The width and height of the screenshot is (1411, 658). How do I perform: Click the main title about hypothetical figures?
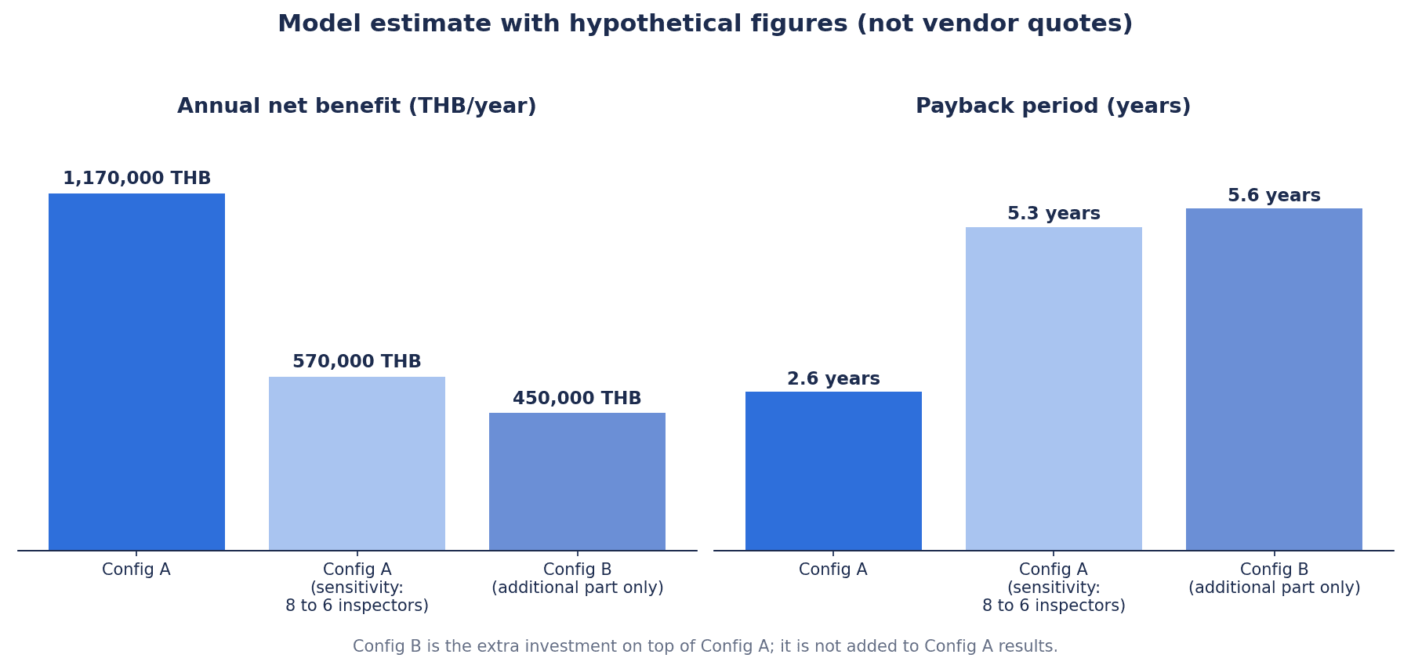tap(705, 24)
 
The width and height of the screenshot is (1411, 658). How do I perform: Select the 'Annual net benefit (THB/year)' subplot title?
tap(357, 107)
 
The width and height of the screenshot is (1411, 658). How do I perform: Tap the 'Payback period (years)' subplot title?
tap(1053, 107)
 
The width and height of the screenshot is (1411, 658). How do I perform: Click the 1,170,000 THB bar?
tap(136, 372)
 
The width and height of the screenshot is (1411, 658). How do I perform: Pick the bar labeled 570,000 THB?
tap(357, 464)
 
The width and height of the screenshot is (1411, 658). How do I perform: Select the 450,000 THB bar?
tap(577, 482)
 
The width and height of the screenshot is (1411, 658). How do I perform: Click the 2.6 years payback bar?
tap(833, 471)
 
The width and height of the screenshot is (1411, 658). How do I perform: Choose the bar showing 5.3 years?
tap(1054, 389)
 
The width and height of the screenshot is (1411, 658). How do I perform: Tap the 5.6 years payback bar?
tap(1274, 379)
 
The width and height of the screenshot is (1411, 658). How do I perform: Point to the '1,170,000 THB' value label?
tap(136, 179)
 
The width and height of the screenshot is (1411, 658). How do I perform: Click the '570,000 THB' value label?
tap(357, 362)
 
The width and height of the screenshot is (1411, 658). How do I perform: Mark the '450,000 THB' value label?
tap(577, 399)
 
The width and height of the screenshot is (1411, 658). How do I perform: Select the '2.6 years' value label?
tap(833, 379)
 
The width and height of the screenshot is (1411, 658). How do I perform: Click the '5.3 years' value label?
tap(1054, 214)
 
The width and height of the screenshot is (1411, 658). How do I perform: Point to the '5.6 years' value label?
tap(1274, 196)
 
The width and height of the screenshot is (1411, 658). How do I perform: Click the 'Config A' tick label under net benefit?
tap(136, 570)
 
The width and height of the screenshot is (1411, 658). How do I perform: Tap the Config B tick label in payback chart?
tap(1274, 579)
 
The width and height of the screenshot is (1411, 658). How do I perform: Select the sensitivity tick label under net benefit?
tap(357, 587)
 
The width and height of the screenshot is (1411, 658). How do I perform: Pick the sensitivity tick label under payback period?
tap(1054, 587)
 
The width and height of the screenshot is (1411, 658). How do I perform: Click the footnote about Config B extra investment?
tap(705, 646)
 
